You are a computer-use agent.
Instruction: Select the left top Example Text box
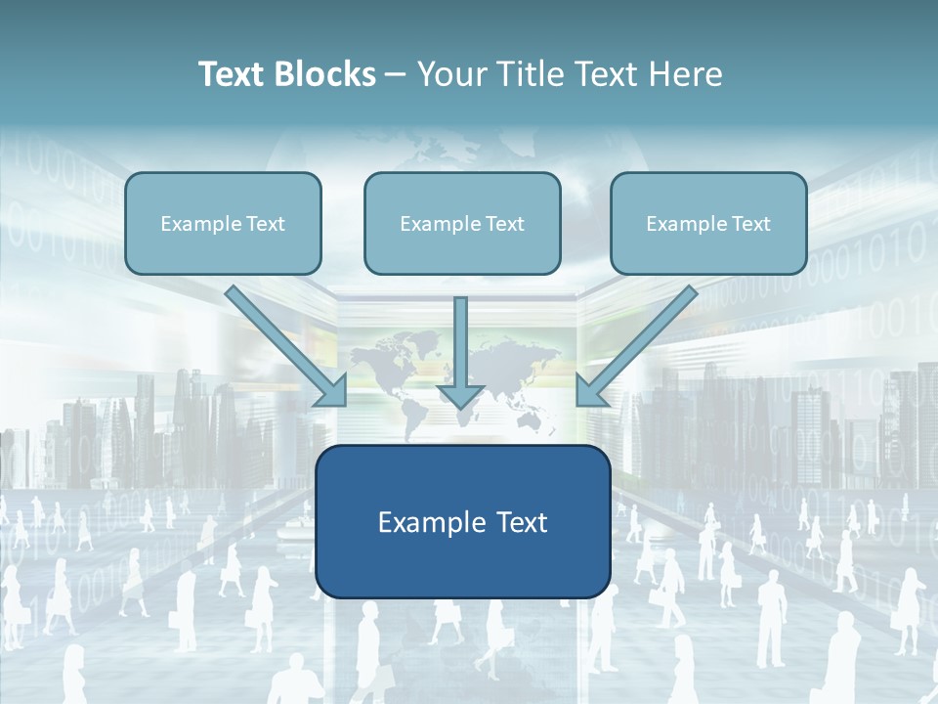coord(223,224)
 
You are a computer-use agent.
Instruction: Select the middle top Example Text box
coord(462,224)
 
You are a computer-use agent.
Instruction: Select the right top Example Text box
coord(708,224)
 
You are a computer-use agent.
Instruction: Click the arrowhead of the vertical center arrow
coord(460,396)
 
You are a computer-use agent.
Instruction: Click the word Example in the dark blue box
coord(425,522)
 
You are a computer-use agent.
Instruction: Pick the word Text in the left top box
coord(266,224)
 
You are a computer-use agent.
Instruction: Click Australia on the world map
coord(533,418)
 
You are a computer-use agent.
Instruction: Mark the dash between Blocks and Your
coord(396,75)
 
